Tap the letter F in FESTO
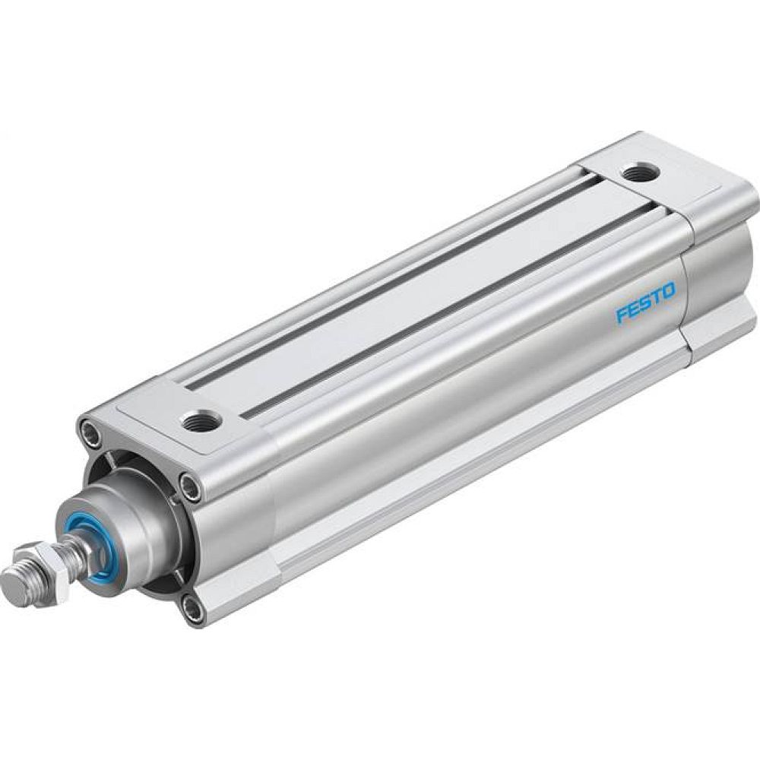pos(621,314)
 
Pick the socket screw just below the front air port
pos(192,486)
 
